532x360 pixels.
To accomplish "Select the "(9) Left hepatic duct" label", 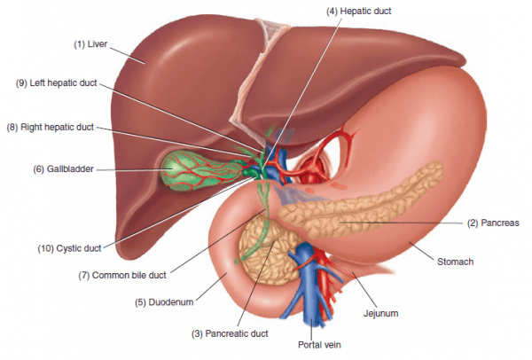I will coord(57,83).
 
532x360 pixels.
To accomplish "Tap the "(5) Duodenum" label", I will coord(165,302).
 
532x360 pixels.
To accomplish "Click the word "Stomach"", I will coord(454,262).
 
